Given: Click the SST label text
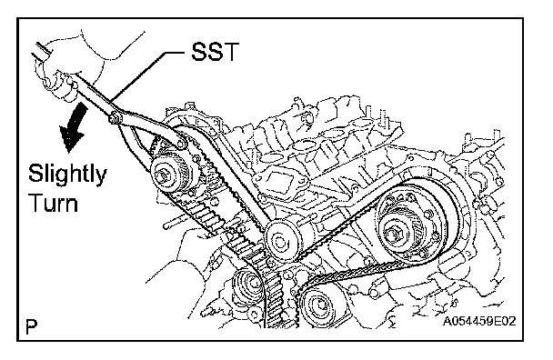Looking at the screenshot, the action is [x=215, y=52].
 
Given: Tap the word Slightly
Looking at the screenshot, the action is [x=67, y=174].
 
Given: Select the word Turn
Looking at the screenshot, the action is [x=54, y=203].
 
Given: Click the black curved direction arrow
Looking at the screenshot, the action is [x=74, y=127].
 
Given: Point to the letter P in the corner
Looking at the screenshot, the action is [x=32, y=326].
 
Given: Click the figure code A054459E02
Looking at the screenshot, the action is [x=479, y=321].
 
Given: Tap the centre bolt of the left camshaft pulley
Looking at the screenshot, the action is [x=166, y=175].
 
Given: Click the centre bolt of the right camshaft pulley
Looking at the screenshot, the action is [x=393, y=234].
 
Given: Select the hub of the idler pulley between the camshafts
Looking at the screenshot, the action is [x=280, y=242].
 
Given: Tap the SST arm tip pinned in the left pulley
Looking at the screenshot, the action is [x=182, y=143].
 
